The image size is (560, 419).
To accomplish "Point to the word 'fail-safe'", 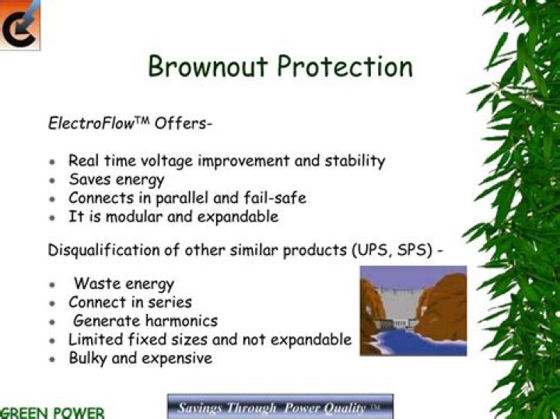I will point(274,197).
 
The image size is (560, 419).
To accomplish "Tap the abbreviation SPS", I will point(411,251).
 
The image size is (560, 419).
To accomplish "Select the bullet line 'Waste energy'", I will point(124,284).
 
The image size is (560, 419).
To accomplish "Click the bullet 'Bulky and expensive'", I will point(140,358).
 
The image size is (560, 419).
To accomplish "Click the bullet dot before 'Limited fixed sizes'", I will point(52,340).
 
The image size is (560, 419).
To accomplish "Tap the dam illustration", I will point(413,310).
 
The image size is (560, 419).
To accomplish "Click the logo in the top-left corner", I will point(19,24).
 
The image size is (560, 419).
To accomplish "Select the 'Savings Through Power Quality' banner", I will point(280,407).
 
